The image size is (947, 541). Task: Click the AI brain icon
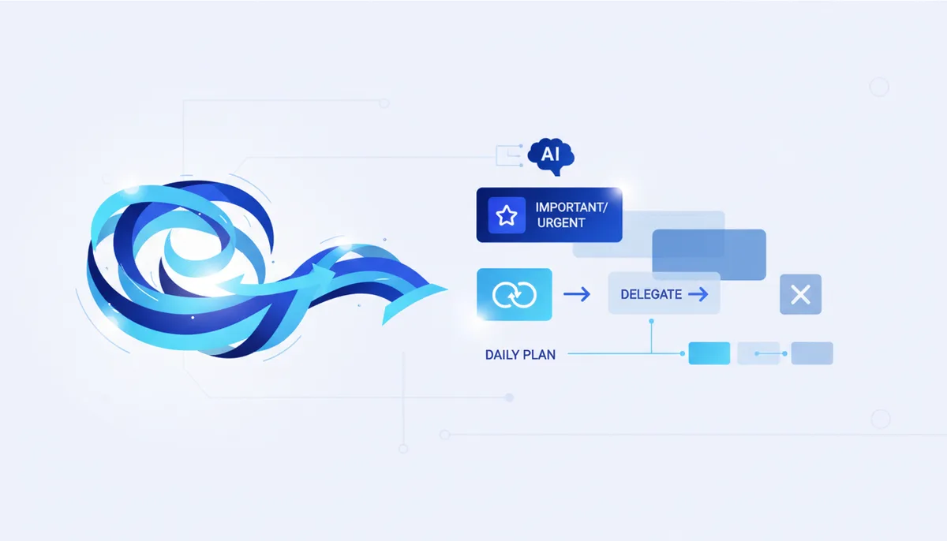point(551,155)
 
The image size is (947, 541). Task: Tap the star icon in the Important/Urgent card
point(507,215)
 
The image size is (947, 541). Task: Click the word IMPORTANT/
point(571,207)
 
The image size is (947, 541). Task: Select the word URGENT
point(561,223)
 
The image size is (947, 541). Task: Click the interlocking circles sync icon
point(514,294)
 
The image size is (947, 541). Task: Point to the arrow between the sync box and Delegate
point(577,294)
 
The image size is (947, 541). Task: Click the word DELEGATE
point(651,294)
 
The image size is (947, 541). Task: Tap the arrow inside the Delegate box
point(698,294)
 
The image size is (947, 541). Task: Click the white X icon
point(800,294)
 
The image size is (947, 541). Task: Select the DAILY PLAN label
point(520,355)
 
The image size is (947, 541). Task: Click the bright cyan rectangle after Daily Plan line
point(709,353)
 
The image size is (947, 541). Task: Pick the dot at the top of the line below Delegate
point(652,322)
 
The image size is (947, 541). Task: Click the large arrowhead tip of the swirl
point(447,289)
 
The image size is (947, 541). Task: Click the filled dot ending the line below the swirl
point(510,397)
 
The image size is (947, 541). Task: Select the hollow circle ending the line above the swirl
point(384,103)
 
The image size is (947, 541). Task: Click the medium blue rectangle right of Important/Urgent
point(709,254)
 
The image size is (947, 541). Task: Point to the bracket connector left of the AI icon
point(509,156)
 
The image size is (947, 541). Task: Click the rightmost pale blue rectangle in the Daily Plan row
point(812,353)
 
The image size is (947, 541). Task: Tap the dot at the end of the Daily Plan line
point(683,353)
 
